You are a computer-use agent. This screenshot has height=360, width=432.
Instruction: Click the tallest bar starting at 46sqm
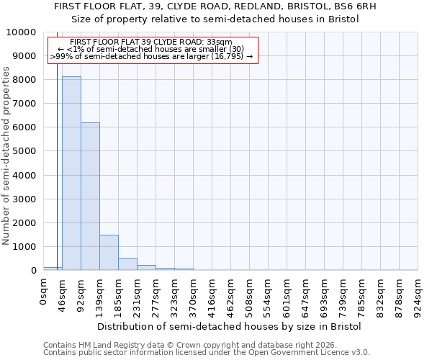click(x=71, y=173)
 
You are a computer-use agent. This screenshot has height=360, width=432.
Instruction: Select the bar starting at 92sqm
click(x=90, y=196)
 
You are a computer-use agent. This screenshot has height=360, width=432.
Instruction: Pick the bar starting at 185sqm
click(x=127, y=264)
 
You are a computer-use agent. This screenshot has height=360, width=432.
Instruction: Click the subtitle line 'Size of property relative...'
click(x=215, y=19)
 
